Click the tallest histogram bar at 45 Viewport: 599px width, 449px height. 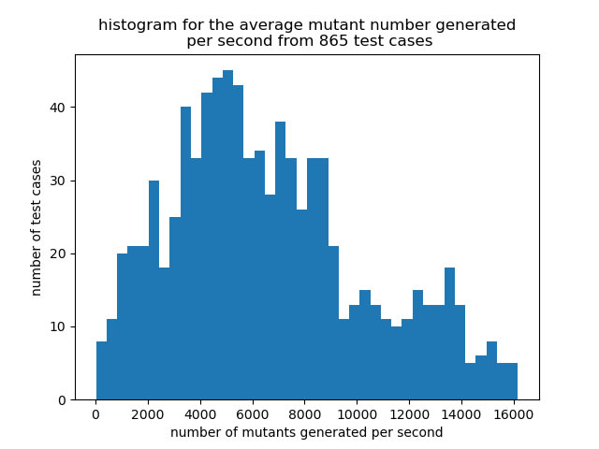click(228, 235)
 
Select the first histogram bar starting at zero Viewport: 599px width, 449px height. click(102, 370)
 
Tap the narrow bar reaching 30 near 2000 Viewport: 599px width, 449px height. click(153, 290)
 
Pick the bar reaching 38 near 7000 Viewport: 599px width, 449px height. click(281, 261)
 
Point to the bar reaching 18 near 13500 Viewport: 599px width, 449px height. click(449, 334)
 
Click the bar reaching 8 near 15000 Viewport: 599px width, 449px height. click(491, 370)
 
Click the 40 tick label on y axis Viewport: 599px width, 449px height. click(58, 108)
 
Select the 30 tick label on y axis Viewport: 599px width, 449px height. click(58, 181)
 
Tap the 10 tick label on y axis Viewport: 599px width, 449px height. click(58, 327)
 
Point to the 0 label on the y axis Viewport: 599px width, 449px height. click(62, 400)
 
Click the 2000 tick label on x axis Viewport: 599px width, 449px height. click(148, 414)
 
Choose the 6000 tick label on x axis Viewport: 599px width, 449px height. click(252, 414)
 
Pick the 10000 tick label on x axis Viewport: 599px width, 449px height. click(357, 414)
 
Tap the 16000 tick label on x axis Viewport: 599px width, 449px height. click(514, 414)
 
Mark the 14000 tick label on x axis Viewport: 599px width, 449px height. click(461, 414)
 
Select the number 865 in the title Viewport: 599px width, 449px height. click(333, 40)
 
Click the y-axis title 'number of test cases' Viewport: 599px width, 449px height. click(36, 228)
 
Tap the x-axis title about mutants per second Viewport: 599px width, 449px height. click(306, 432)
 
